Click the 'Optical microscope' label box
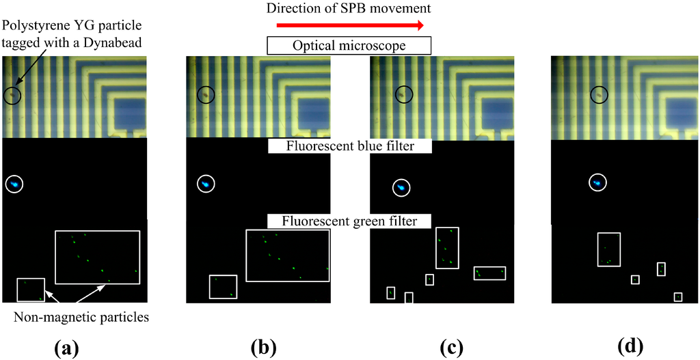349,46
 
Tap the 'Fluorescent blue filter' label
349,146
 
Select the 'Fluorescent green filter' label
349,221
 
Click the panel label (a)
66,347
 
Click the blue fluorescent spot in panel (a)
14,184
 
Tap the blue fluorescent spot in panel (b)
205,184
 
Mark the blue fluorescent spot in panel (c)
402,187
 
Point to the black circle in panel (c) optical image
404,94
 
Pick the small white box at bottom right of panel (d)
677,297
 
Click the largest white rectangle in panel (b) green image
287,255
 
